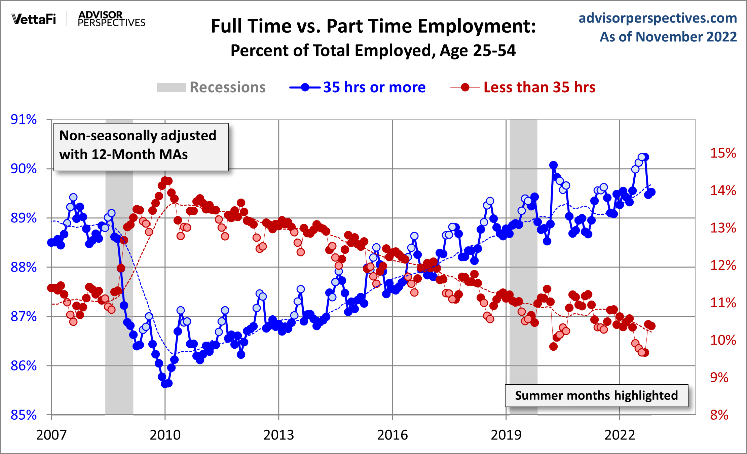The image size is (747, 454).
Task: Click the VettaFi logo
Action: (x=34, y=19)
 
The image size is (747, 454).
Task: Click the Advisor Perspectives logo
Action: (x=111, y=19)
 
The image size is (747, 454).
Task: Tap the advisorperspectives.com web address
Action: (x=658, y=18)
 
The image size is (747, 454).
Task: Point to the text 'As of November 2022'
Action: (x=668, y=37)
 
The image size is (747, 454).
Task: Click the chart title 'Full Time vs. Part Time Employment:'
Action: (x=373, y=26)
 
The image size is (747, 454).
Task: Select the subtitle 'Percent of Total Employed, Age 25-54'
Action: (x=373, y=50)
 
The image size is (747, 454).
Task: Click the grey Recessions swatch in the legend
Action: (x=171, y=88)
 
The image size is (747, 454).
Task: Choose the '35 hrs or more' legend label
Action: (x=374, y=88)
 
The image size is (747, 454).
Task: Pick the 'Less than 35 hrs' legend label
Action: (x=539, y=88)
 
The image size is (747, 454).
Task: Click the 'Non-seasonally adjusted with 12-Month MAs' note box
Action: (x=141, y=147)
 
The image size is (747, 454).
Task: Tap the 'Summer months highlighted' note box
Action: (x=596, y=395)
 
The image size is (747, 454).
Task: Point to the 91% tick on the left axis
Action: (x=24, y=119)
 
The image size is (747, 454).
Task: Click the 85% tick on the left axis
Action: (x=24, y=415)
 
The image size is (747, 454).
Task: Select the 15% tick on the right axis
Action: (x=723, y=153)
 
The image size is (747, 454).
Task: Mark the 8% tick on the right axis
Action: (x=719, y=415)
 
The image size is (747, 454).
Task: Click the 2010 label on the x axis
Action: (x=165, y=435)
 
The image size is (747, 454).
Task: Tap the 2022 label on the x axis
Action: (x=620, y=435)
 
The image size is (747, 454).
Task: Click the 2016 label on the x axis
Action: (x=392, y=435)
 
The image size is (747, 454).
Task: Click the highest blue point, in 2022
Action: (x=645, y=157)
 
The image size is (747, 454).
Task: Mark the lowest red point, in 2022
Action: (x=645, y=353)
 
